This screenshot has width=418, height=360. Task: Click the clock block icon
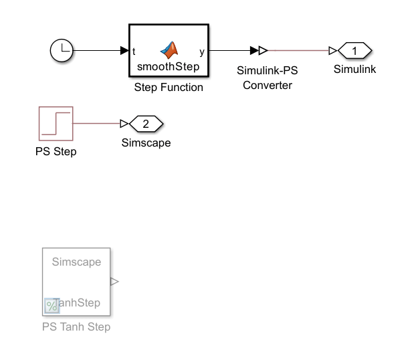point(62,50)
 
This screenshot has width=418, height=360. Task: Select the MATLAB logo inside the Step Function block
point(169,50)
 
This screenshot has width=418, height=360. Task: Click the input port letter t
point(134,52)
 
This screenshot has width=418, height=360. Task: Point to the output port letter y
point(202,52)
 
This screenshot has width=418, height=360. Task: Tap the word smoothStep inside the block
point(169,66)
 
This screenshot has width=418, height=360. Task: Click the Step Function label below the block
point(169,87)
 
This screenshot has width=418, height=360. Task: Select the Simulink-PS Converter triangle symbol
point(263,50)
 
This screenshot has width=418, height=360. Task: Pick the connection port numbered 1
point(355,50)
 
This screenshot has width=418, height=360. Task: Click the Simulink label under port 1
point(355,69)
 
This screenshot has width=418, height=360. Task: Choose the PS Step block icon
point(56,123)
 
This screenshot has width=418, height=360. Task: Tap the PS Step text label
point(56,151)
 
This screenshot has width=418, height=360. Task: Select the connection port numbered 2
point(146,123)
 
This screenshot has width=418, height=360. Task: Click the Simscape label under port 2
point(146,143)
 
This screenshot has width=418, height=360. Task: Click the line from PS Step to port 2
point(97,123)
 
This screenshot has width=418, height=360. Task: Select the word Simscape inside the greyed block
point(76,262)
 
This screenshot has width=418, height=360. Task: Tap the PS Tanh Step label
point(76,327)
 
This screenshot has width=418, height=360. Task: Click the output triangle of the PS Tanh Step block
point(114,282)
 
